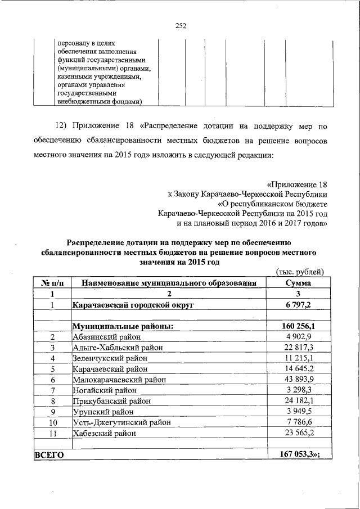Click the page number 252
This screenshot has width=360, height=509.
180,25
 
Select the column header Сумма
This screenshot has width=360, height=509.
298,283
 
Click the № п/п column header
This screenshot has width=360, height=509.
52,283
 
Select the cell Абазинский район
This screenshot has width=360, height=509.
106,336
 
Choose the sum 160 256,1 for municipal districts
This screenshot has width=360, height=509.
298,326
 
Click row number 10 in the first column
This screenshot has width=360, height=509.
52,422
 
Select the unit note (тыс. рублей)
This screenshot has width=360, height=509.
300,272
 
